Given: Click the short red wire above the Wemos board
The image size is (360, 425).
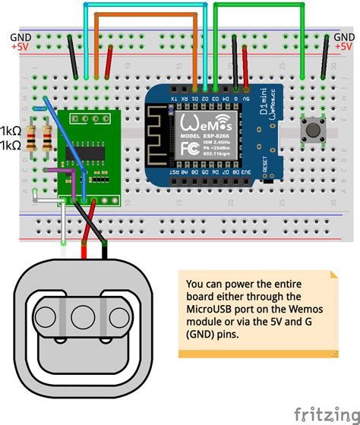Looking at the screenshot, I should tap(245, 61).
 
